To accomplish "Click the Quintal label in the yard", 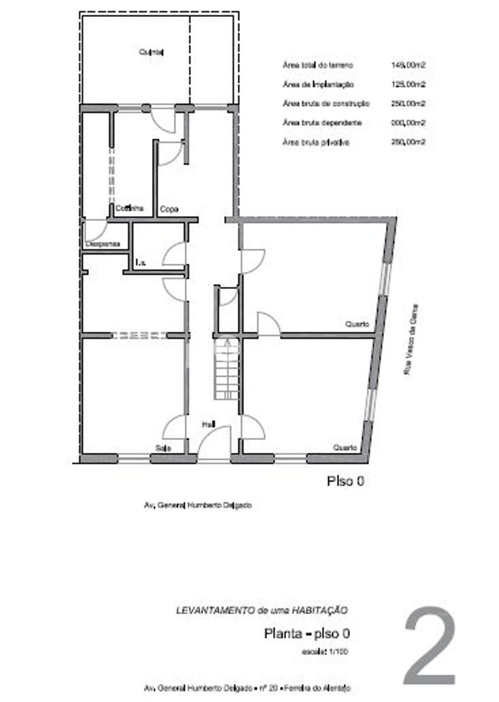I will (151, 52).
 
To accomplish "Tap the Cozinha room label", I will (129, 208).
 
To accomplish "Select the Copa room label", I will (169, 209).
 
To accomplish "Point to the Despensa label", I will (103, 244).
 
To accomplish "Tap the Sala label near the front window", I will (163, 448).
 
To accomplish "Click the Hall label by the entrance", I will (209, 424).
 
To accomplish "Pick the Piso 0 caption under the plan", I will (346, 481).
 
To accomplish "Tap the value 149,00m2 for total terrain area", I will (408, 65).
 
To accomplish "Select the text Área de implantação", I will (318, 84).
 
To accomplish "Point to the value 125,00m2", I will (408, 84).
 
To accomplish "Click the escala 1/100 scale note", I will (325, 651).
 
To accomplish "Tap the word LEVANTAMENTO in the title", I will (215, 610).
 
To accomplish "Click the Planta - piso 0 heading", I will (307, 633).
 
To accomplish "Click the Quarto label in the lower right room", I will (345, 448).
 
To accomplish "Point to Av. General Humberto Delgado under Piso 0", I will (198, 505).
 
